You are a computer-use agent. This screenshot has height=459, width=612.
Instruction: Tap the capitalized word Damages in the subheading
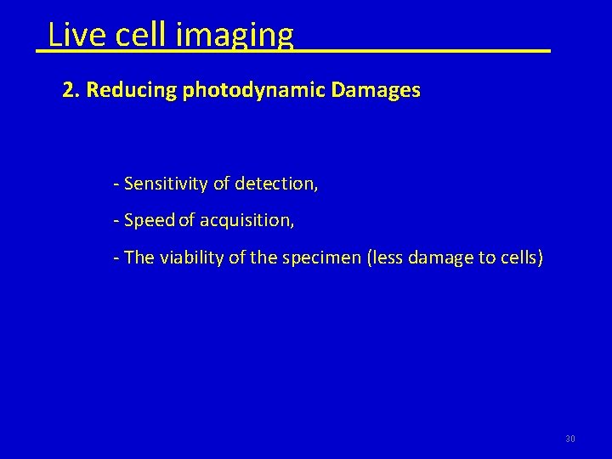tap(375, 90)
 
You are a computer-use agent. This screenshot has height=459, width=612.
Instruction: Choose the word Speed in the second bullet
tap(149, 220)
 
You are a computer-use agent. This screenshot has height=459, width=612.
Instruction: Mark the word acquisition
tap(246, 221)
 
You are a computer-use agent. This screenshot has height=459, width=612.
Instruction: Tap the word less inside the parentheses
tap(388, 258)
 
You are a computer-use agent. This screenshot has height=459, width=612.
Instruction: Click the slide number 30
tap(570, 439)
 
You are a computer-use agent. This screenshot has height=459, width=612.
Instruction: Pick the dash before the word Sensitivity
tap(116, 184)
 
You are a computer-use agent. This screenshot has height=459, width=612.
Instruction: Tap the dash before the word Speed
tap(116, 221)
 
